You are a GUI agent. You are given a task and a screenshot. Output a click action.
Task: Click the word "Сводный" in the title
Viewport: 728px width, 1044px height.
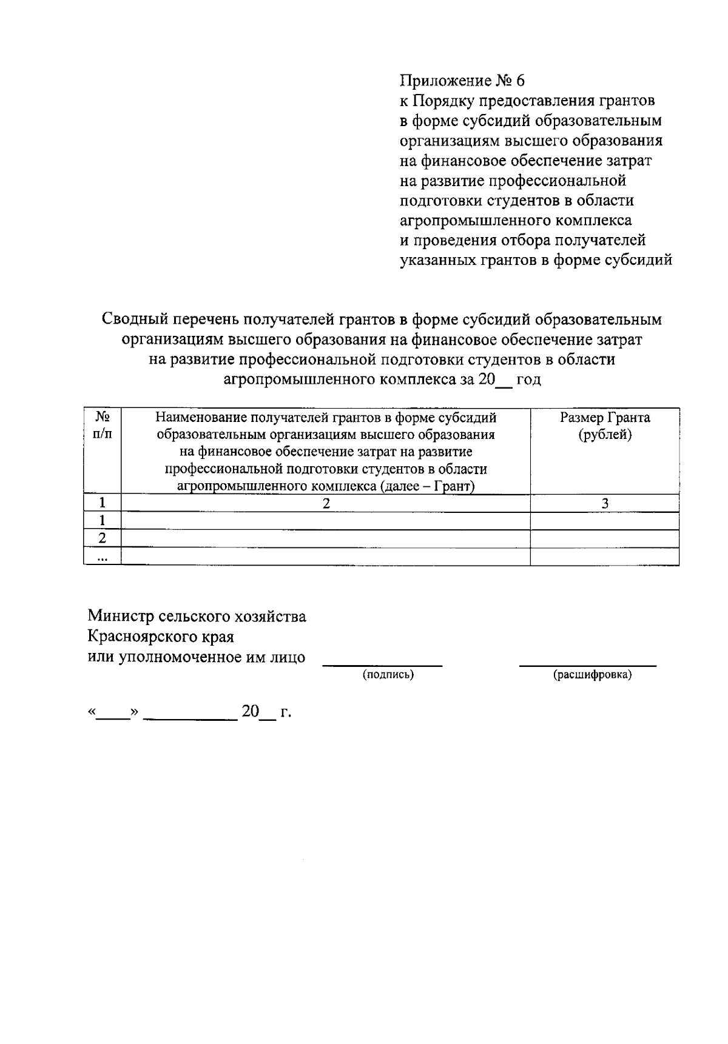pyautogui.click(x=133, y=319)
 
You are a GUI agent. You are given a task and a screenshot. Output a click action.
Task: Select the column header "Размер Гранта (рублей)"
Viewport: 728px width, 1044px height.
pyautogui.click(x=604, y=426)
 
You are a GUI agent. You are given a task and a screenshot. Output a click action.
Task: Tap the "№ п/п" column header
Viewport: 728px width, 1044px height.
pyautogui.click(x=103, y=426)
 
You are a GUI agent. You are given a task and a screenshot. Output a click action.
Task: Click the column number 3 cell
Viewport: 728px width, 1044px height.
pyautogui.click(x=604, y=503)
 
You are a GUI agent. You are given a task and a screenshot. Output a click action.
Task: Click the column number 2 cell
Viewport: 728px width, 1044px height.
pyautogui.click(x=326, y=503)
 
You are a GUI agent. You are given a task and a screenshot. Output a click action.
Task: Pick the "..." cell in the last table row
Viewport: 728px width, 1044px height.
pyautogui.click(x=103, y=557)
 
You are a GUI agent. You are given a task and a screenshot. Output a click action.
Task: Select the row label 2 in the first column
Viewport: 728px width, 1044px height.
pyautogui.click(x=103, y=538)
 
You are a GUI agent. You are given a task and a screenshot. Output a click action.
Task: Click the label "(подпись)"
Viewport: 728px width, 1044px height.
pyautogui.click(x=388, y=675)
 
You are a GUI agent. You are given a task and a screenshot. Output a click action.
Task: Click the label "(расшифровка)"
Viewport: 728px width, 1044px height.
pyautogui.click(x=592, y=675)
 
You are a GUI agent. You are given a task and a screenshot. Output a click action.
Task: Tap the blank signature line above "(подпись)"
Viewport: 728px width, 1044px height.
pyautogui.click(x=382, y=664)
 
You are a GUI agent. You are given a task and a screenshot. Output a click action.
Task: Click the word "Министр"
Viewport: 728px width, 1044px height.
pyautogui.click(x=120, y=617)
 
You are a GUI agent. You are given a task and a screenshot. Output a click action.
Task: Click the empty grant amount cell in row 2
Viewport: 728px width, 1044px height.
pyautogui.click(x=604, y=538)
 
